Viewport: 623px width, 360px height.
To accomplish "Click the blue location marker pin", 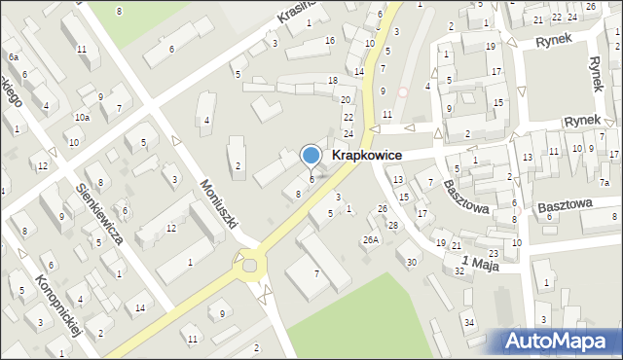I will point(311,156).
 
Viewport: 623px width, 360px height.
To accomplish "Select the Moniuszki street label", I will point(220,198).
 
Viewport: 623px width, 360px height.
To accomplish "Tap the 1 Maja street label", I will point(480,261).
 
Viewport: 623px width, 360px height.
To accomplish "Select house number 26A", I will point(371,239).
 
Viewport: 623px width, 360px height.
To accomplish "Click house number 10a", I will point(82,118).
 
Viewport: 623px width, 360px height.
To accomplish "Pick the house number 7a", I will point(605,183).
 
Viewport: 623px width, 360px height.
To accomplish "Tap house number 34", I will point(469,322).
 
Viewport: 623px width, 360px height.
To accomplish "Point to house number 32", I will point(459,271).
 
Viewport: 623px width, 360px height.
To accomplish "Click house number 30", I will point(412,262).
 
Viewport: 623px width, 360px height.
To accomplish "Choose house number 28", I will point(393,226).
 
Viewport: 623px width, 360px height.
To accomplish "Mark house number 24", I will point(348,133).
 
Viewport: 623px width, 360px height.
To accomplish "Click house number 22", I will point(348,116).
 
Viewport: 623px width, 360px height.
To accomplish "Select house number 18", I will point(333,80).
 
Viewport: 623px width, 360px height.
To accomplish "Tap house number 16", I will point(330,40).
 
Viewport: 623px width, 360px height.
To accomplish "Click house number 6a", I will point(14,58).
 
